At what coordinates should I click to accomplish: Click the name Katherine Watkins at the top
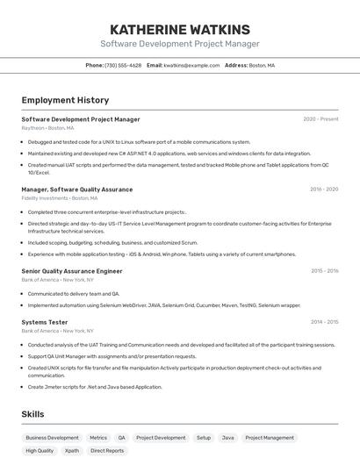coord(179,28)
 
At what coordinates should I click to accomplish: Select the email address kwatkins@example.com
coord(191,65)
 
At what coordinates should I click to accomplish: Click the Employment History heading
coord(65,100)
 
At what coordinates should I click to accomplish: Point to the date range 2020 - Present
coord(320,119)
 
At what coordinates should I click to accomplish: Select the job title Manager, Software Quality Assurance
coord(77,190)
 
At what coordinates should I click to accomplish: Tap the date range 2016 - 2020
coord(323,190)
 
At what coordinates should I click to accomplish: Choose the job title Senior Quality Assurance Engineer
coord(72,271)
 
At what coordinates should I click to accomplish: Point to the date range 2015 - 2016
coord(324,271)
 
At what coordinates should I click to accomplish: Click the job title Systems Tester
coord(45,322)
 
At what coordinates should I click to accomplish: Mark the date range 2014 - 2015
coord(324,322)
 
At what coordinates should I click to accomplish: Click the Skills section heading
coord(32,414)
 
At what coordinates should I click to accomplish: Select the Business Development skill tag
coord(52,437)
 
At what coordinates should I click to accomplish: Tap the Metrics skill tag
coord(98,437)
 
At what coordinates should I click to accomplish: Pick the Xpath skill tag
coord(72,451)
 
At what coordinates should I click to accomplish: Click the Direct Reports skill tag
coord(107,451)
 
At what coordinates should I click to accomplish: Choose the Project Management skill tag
coord(270,437)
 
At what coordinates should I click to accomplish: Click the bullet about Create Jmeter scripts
coord(95,387)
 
